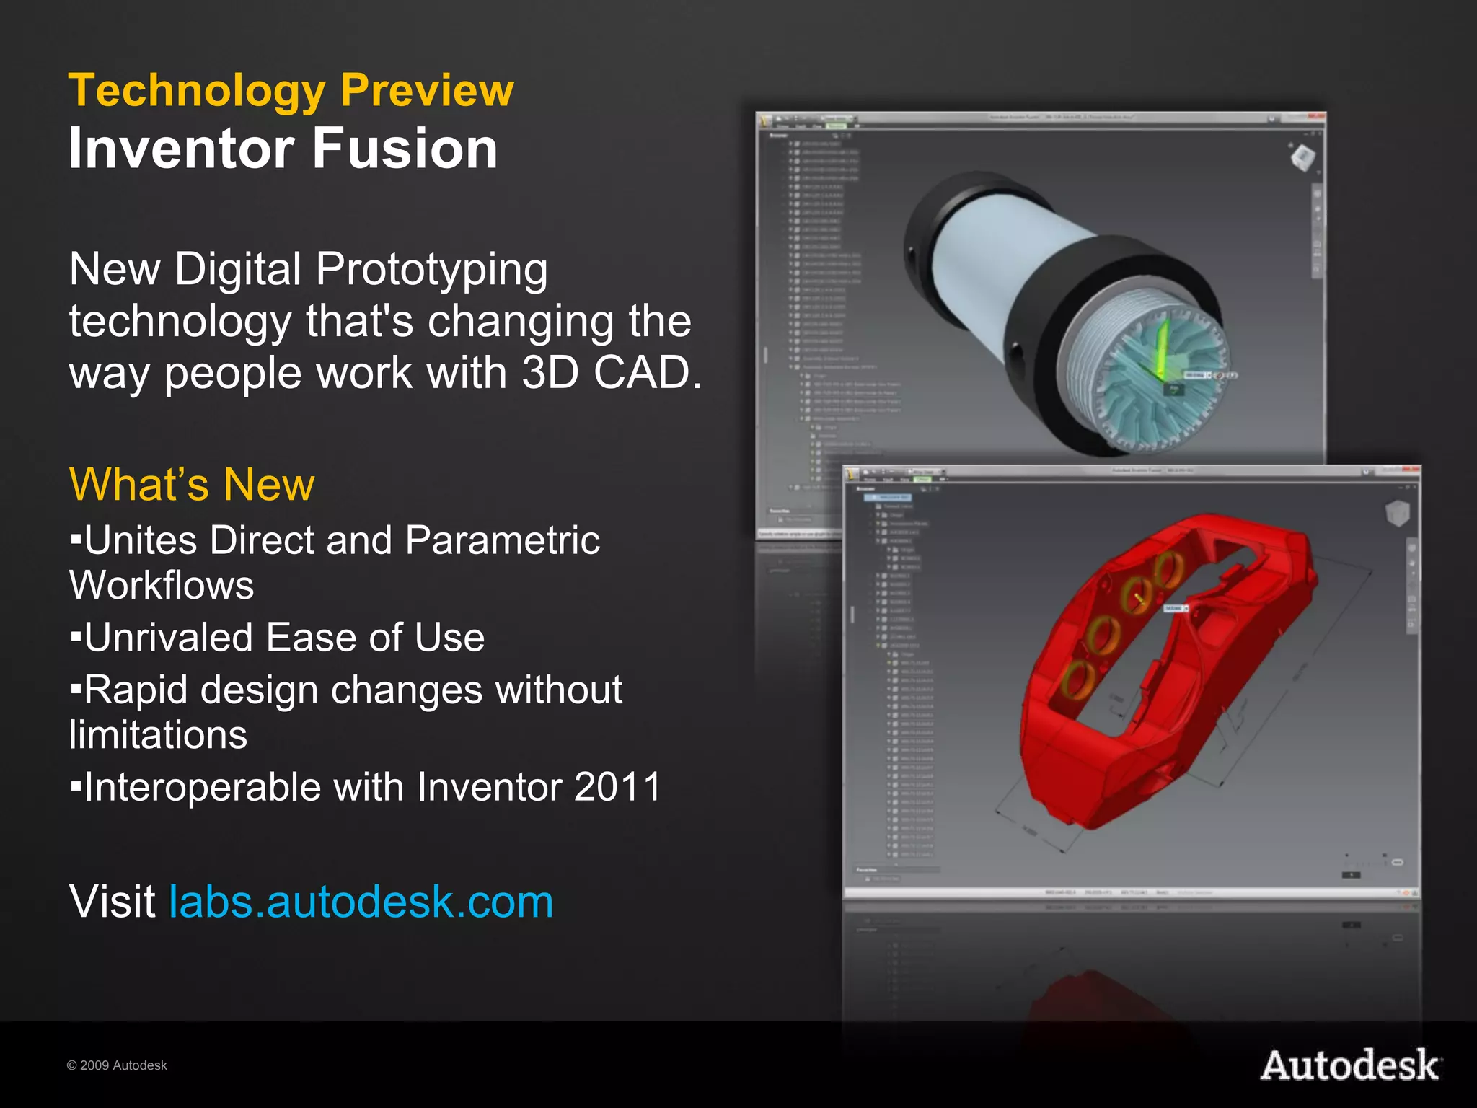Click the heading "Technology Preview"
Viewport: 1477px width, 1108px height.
291,90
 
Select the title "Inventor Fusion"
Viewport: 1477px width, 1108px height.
283,148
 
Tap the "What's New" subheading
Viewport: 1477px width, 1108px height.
192,484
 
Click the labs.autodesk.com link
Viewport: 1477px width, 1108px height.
361,902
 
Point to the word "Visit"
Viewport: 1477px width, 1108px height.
113,902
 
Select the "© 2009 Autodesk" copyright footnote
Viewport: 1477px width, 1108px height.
117,1065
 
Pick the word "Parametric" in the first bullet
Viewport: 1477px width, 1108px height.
502,540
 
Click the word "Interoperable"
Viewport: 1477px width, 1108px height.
202,786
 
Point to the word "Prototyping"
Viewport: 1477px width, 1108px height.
431,270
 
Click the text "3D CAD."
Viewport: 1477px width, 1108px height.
611,373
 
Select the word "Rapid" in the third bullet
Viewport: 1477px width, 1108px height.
137,690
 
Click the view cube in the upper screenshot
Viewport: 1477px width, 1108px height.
1302,157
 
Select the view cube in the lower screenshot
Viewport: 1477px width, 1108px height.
1397,514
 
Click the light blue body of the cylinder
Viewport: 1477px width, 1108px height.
1010,252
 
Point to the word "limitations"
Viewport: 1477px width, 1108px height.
159,735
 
